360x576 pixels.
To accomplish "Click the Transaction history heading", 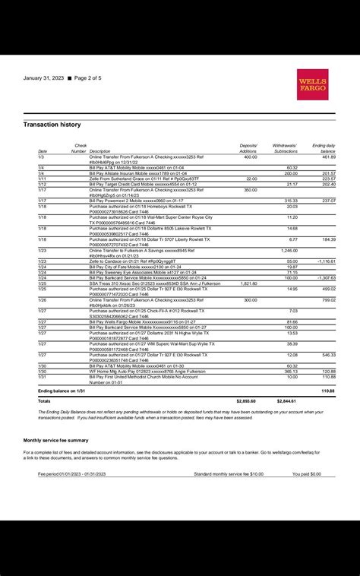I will coord(52,124).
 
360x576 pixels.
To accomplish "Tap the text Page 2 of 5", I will coord(92,78).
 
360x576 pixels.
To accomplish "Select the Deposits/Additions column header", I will coord(248,148).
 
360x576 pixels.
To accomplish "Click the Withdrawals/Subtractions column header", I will coord(286,148).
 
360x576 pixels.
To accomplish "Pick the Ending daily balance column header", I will coord(324,148).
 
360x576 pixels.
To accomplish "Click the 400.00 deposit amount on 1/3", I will coord(251,157).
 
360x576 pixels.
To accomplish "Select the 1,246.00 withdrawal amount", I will coord(289,250).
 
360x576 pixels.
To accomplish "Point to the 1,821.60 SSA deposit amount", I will coord(249,283).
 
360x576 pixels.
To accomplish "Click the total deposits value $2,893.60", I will coord(246,400).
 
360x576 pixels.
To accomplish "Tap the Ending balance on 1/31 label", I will coord(60,391).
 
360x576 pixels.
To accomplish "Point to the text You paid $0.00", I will coord(307,473).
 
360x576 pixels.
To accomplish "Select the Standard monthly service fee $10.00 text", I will coord(229,473).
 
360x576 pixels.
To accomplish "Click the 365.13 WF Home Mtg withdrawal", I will coord(291,371).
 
